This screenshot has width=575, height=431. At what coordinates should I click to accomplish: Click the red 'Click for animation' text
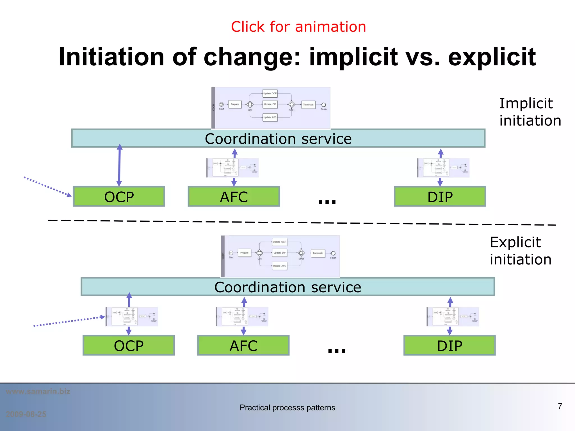pos(298,27)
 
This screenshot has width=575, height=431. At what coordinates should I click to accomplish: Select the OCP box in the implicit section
pos(119,197)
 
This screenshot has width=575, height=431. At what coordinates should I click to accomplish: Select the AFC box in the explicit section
pos(243,345)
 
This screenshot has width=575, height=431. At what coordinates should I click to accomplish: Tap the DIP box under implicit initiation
pos(440,197)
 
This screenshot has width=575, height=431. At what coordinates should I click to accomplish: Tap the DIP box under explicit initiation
pos(449,345)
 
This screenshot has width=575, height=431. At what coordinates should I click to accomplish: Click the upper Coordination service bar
pos(278,139)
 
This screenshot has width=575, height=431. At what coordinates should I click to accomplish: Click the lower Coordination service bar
pos(287,287)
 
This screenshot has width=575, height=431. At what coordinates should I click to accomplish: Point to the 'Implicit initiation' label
pos(530,112)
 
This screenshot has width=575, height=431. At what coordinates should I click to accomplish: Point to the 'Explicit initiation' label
pos(520,251)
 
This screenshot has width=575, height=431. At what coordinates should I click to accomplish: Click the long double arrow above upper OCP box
pos(119,166)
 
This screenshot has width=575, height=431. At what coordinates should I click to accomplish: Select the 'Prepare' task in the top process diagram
pos(235,104)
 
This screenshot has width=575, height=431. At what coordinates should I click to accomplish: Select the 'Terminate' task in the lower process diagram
pos(318,253)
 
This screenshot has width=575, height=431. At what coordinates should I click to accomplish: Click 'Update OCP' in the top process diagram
pos(270,93)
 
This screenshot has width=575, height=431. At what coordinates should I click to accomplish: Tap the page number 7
pos(560,406)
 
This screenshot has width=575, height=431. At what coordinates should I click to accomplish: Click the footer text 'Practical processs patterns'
pos(287,407)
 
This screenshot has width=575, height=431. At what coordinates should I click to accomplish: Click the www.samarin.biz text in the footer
pos(38,391)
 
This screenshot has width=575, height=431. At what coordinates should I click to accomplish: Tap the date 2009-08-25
pos(26,414)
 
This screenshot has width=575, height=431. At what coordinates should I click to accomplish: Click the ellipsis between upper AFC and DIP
pos(327,201)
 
